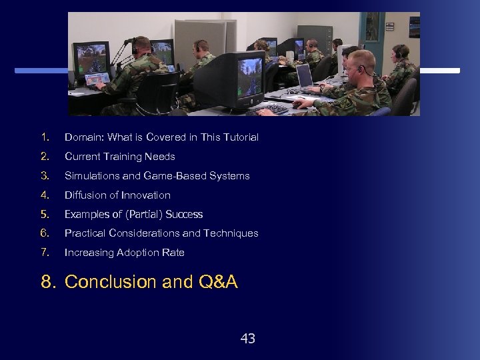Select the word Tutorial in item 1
click(x=241, y=137)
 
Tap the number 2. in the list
click(x=45, y=157)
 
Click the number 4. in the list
click(x=45, y=195)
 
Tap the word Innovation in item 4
click(x=146, y=195)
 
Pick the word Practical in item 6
click(x=84, y=233)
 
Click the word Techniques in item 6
click(x=233, y=233)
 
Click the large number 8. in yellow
click(x=49, y=282)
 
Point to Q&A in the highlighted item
click(x=218, y=282)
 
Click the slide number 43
click(x=247, y=339)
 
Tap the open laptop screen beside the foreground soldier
click(x=305, y=76)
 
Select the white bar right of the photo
click(x=440, y=70)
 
